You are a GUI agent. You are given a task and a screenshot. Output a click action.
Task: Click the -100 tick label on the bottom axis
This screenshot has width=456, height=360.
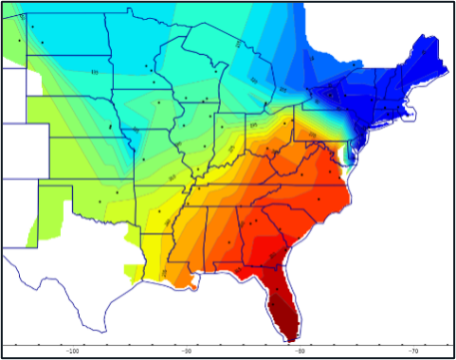72,350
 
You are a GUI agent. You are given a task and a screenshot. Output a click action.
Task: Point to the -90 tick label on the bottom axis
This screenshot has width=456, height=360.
187,350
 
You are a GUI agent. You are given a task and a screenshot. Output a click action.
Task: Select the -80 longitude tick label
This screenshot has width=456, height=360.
301,350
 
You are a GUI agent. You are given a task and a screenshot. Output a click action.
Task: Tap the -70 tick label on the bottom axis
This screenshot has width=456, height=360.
414,350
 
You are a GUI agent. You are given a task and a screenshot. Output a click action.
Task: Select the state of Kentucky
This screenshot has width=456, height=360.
251,171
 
